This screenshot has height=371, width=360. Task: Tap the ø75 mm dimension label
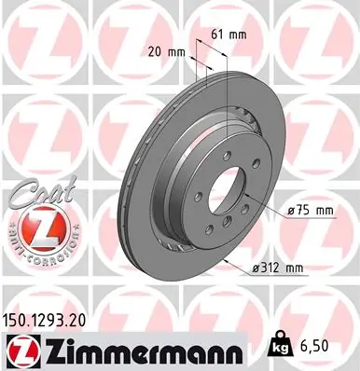click(311, 212)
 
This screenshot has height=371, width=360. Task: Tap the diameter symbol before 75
click(293, 212)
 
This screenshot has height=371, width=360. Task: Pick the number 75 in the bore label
click(304, 212)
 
